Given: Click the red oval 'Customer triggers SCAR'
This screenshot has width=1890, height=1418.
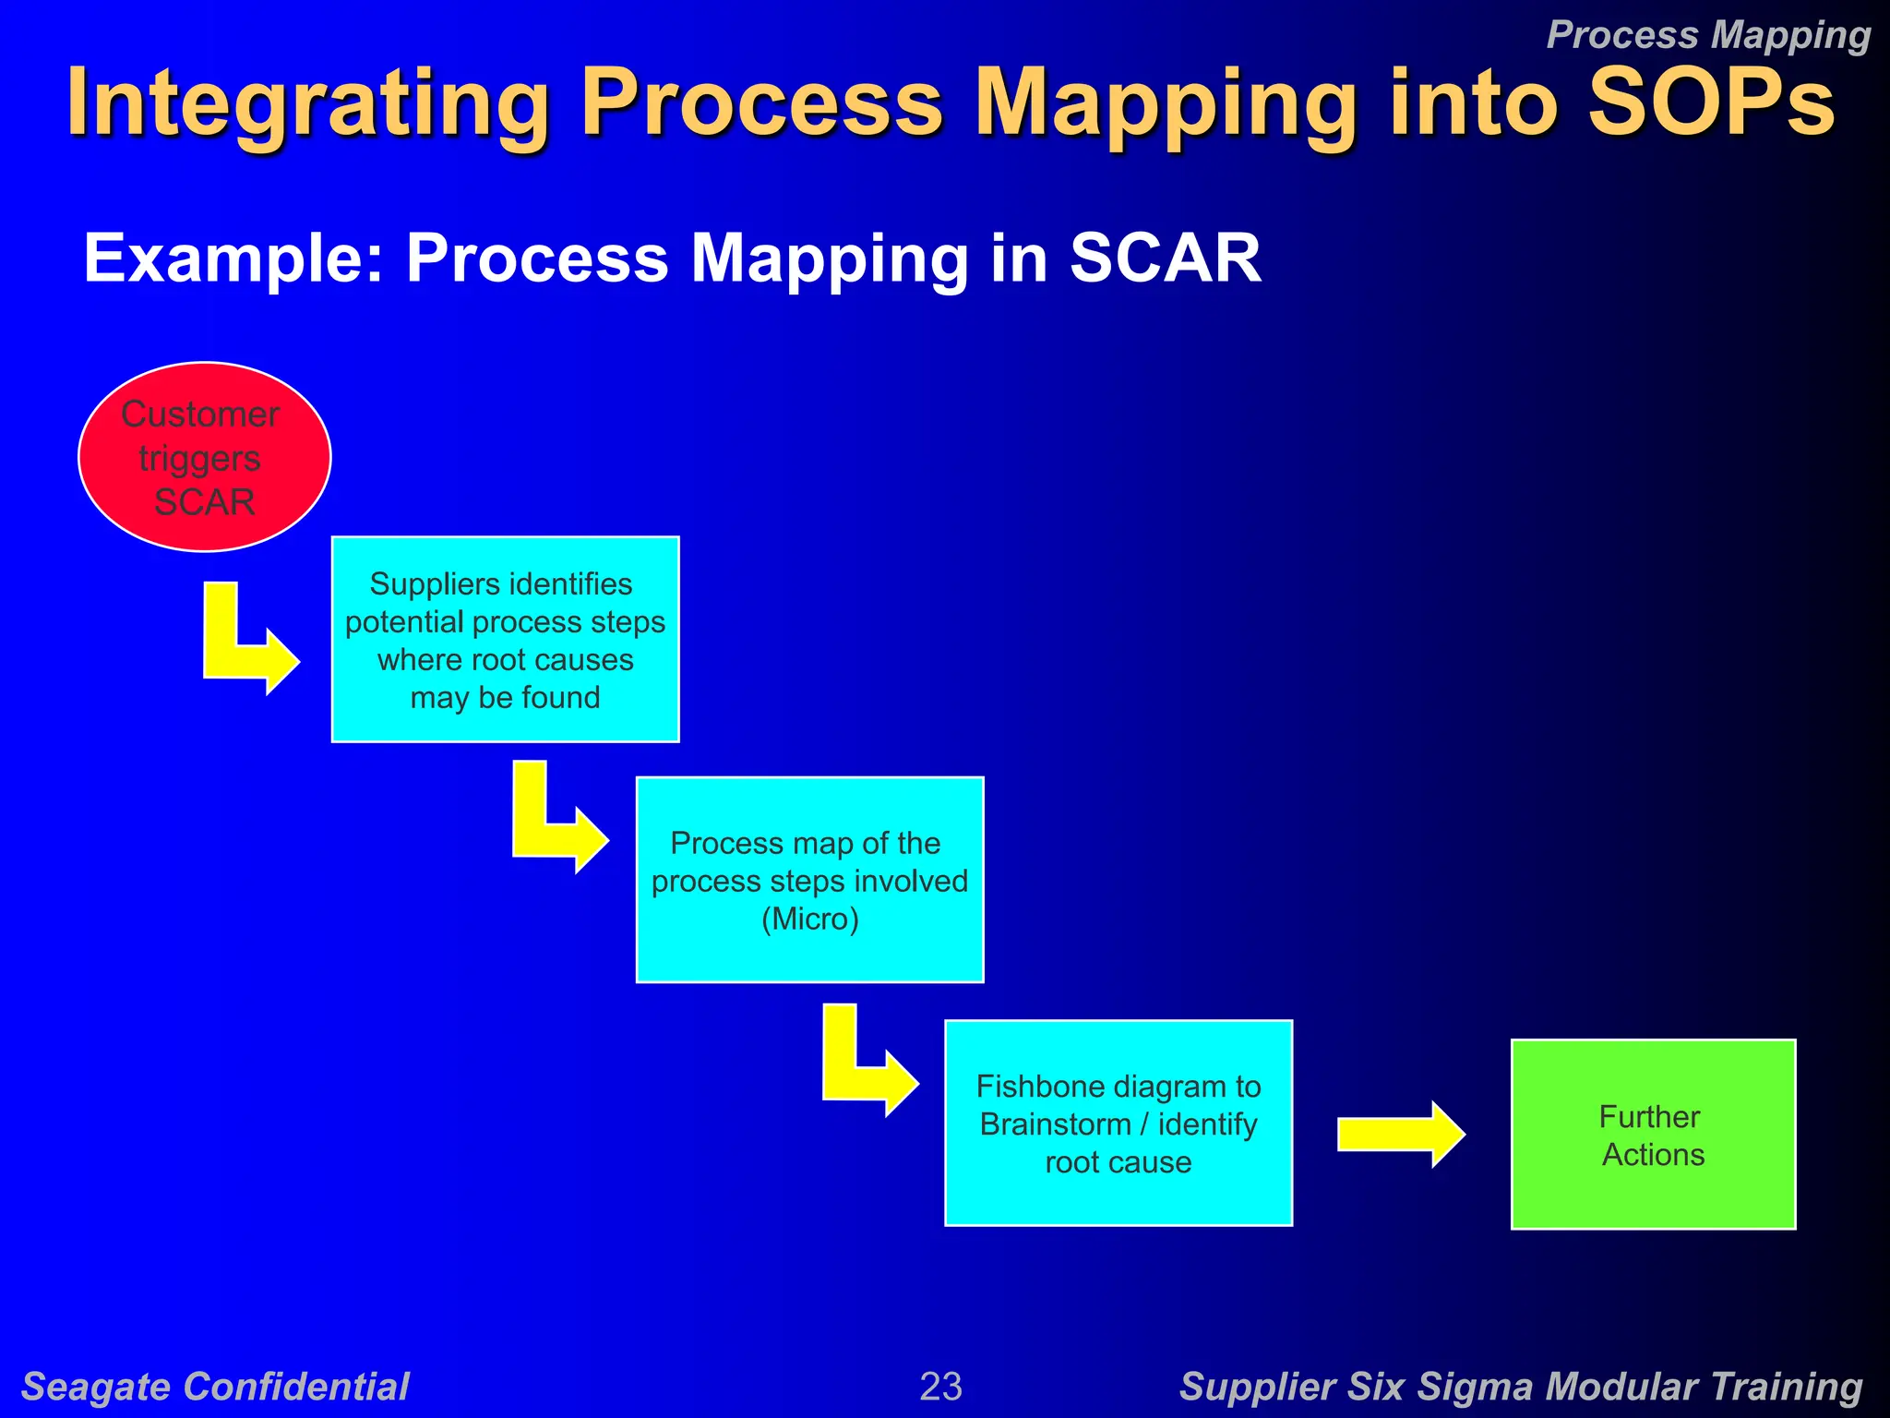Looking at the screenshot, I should click(x=204, y=456).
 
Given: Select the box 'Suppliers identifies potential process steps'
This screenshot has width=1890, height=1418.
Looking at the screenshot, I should click(x=505, y=639).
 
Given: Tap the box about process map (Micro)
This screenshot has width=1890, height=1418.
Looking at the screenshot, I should click(x=809, y=880).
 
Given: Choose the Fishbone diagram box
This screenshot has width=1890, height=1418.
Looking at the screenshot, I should click(x=1118, y=1123).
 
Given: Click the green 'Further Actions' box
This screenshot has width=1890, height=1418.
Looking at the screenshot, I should click(x=1652, y=1135).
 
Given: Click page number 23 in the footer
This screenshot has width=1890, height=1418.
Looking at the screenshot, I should click(x=940, y=1386).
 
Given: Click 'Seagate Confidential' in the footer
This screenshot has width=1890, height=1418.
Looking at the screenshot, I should click(x=215, y=1386).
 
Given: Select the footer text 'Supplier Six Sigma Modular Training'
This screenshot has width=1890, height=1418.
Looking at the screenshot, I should click(x=1520, y=1386).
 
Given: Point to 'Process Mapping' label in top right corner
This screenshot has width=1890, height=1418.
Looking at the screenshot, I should click(x=1707, y=35).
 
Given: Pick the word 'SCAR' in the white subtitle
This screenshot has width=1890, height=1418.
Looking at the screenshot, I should click(x=1165, y=258).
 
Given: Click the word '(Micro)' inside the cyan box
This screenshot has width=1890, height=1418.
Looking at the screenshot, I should click(x=809, y=919).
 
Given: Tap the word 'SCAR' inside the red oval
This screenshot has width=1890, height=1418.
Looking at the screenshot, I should click(x=204, y=502).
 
